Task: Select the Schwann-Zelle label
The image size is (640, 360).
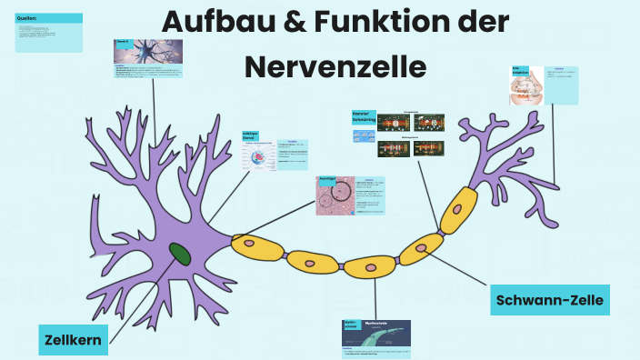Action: pos(548,299)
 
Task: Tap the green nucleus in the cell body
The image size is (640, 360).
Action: pos(180,254)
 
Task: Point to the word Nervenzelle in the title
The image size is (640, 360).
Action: pos(335,66)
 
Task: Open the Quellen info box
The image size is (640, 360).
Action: pos(49,33)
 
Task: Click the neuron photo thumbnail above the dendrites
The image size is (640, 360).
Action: pos(136,53)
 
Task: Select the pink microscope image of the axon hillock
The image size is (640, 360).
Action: pos(335,195)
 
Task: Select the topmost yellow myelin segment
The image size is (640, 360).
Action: pos(459,210)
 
